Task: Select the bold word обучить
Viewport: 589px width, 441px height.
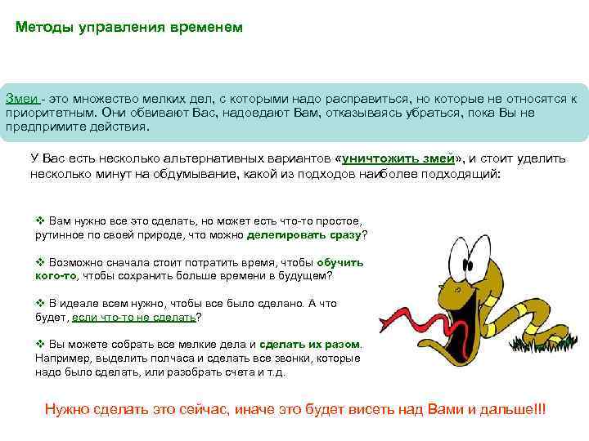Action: pyautogui.click(x=339, y=263)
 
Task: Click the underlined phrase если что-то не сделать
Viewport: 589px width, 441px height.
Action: pyautogui.click(x=134, y=317)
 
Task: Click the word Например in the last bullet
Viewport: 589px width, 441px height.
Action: pyautogui.click(x=61, y=358)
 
